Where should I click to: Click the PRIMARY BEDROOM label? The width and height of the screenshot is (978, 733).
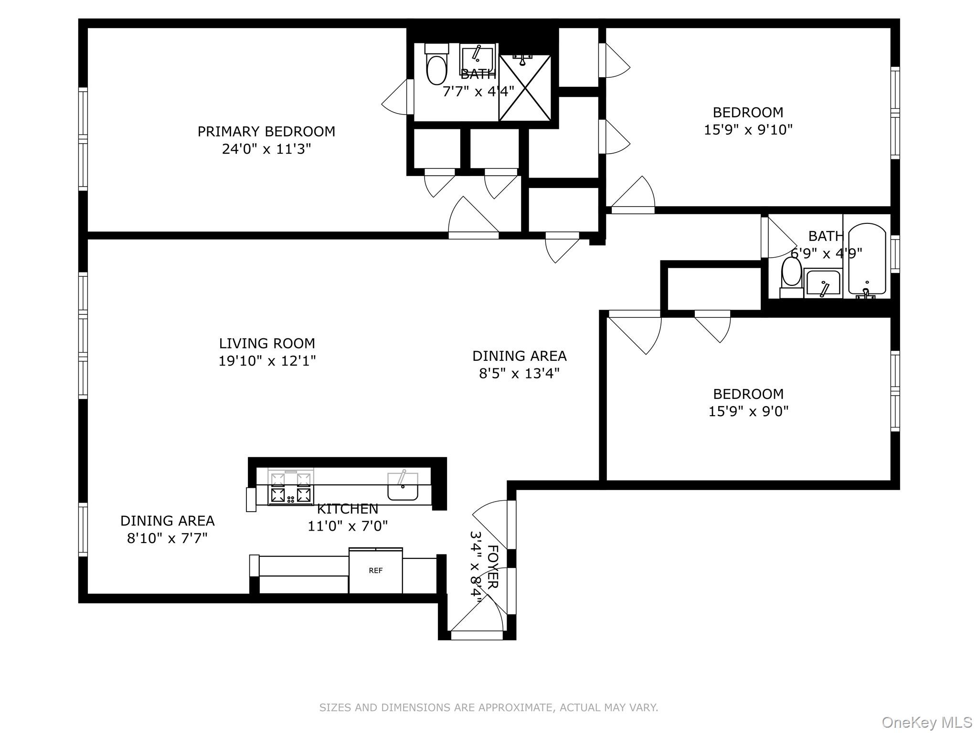pyautogui.click(x=266, y=131)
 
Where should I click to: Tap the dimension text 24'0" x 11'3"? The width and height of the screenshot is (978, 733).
pyautogui.click(x=266, y=149)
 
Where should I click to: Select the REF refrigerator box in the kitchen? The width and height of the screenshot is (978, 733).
pyautogui.click(x=375, y=571)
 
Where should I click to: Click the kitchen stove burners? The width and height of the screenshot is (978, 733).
pyautogui.click(x=290, y=487)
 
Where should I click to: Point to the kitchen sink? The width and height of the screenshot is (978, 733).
pyautogui.click(x=403, y=487)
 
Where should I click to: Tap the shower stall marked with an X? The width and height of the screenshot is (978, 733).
pyautogui.click(x=525, y=88)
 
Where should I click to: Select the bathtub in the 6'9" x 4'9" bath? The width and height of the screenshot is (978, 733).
pyautogui.click(x=867, y=260)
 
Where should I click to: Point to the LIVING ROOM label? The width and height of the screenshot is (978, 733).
pyautogui.click(x=266, y=343)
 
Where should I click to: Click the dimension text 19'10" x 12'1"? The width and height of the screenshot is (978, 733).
pyautogui.click(x=266, y=361)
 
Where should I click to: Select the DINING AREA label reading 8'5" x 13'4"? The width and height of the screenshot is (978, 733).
pyautogui.click(x=519, y=356)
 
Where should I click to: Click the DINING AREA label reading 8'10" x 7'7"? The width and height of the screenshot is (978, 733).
pyautogui.click(x=167, y=521)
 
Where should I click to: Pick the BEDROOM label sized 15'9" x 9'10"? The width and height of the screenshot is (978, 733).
pyautogui.click(x=748, y=113)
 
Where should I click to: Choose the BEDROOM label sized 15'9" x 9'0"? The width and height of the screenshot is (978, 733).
pyautogui.click(x=748, y=394)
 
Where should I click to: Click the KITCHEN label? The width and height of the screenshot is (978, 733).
pyautogui.click(x=347, y=509)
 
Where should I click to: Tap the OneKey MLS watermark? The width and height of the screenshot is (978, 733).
pyautogui.click(x=926, y=722)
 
